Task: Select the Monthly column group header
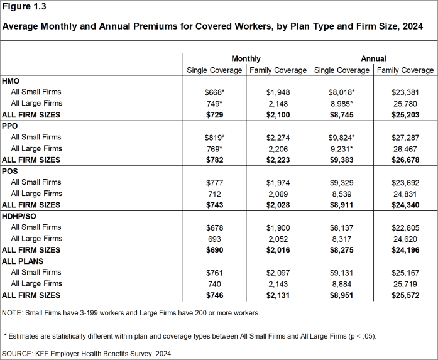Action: [246, 58]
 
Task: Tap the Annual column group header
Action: [373, 58]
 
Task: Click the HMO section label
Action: [11, 81]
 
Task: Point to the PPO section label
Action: [11, 126]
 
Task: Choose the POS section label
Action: [11, 172]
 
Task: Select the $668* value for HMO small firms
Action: [214, 92]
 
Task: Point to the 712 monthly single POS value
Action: [214, 194]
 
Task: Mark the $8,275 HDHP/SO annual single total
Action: [341, 250]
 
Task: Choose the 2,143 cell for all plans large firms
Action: [278, 284]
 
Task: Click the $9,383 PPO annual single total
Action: [341, 160]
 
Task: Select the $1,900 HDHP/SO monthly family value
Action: [278, 227]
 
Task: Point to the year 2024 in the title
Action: [412, 26]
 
